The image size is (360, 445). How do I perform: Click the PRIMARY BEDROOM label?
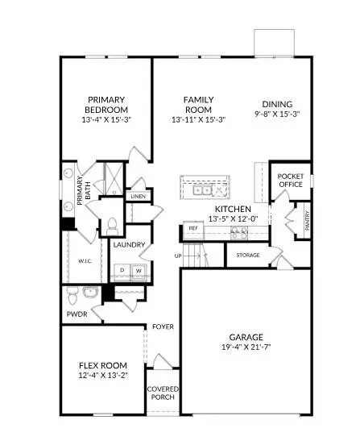[106, 105]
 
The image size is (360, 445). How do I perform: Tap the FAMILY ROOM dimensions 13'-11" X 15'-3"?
[198, 120]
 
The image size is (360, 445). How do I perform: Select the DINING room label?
[276, 104]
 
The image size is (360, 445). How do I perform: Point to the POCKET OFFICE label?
[289, 180]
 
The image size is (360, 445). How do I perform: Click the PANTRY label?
[307, 218]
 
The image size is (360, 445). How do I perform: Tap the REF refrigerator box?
[192, 228]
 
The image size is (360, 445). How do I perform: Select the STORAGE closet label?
[247, 255]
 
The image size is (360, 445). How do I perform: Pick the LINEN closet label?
[139, 196]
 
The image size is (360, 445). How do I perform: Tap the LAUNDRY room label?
[129, 244]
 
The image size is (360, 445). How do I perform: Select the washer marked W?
[138, 269]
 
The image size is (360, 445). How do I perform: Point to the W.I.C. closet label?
[85, 260]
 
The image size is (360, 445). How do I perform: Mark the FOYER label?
[163, 326]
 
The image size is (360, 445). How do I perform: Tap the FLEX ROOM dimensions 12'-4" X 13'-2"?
[100, 375]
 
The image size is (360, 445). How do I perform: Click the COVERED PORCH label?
[163, 394]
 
